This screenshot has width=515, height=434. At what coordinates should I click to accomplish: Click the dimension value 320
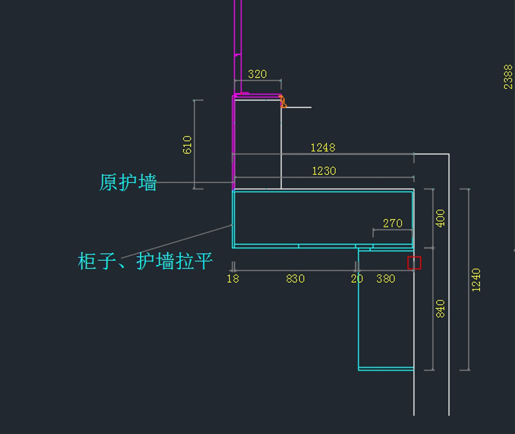tap(257, 74)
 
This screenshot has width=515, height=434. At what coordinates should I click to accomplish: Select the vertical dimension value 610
tap(187, 145)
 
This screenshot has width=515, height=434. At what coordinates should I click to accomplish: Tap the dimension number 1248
tap(323, 148)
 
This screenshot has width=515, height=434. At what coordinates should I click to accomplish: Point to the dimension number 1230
tap(324, 171)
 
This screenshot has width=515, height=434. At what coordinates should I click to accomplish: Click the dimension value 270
tap(393, 223)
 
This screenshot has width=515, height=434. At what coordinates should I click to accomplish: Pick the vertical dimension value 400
tap(440, 218)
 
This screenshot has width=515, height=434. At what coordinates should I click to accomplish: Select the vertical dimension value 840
tap(440, 309)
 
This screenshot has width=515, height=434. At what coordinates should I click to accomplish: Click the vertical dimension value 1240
tap(476, 280)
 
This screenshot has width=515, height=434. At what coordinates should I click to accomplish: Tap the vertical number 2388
tap(508, 77)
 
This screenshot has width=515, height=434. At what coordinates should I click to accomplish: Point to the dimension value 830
tap(295, 279)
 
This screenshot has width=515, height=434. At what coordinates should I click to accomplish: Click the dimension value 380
tap(385, 279)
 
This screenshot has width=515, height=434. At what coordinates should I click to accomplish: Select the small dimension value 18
tap(233, 279)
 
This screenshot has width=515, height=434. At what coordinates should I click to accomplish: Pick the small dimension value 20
tap(357, 279)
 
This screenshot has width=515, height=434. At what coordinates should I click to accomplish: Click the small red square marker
tap(414, 263)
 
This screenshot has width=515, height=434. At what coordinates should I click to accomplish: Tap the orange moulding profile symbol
tap(283, 102)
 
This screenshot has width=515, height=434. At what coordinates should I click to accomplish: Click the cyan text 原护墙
tap(128, 183)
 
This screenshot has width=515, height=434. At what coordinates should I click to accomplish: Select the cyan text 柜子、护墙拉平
tap(145, 261)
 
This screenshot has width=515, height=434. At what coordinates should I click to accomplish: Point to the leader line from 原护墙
tap(195, 183)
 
